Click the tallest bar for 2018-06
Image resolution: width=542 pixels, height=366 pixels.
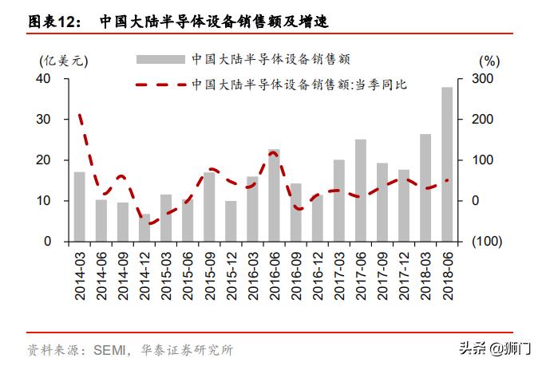(446, 163)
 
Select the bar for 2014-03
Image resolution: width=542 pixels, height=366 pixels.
(80, 206)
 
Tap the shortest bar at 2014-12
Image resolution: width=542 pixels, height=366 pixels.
(144, 227)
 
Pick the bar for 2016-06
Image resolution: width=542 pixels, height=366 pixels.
(274, 195)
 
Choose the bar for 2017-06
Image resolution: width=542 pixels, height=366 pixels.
(360, 190)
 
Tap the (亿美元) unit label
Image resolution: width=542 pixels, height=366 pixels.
(63, 60)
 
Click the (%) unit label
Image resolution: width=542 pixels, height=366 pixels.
(489, 60)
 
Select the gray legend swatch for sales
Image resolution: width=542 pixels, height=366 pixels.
(160, 59)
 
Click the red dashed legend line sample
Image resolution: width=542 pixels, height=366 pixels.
(160, 84)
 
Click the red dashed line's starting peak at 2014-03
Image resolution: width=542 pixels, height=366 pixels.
(80, 116)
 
